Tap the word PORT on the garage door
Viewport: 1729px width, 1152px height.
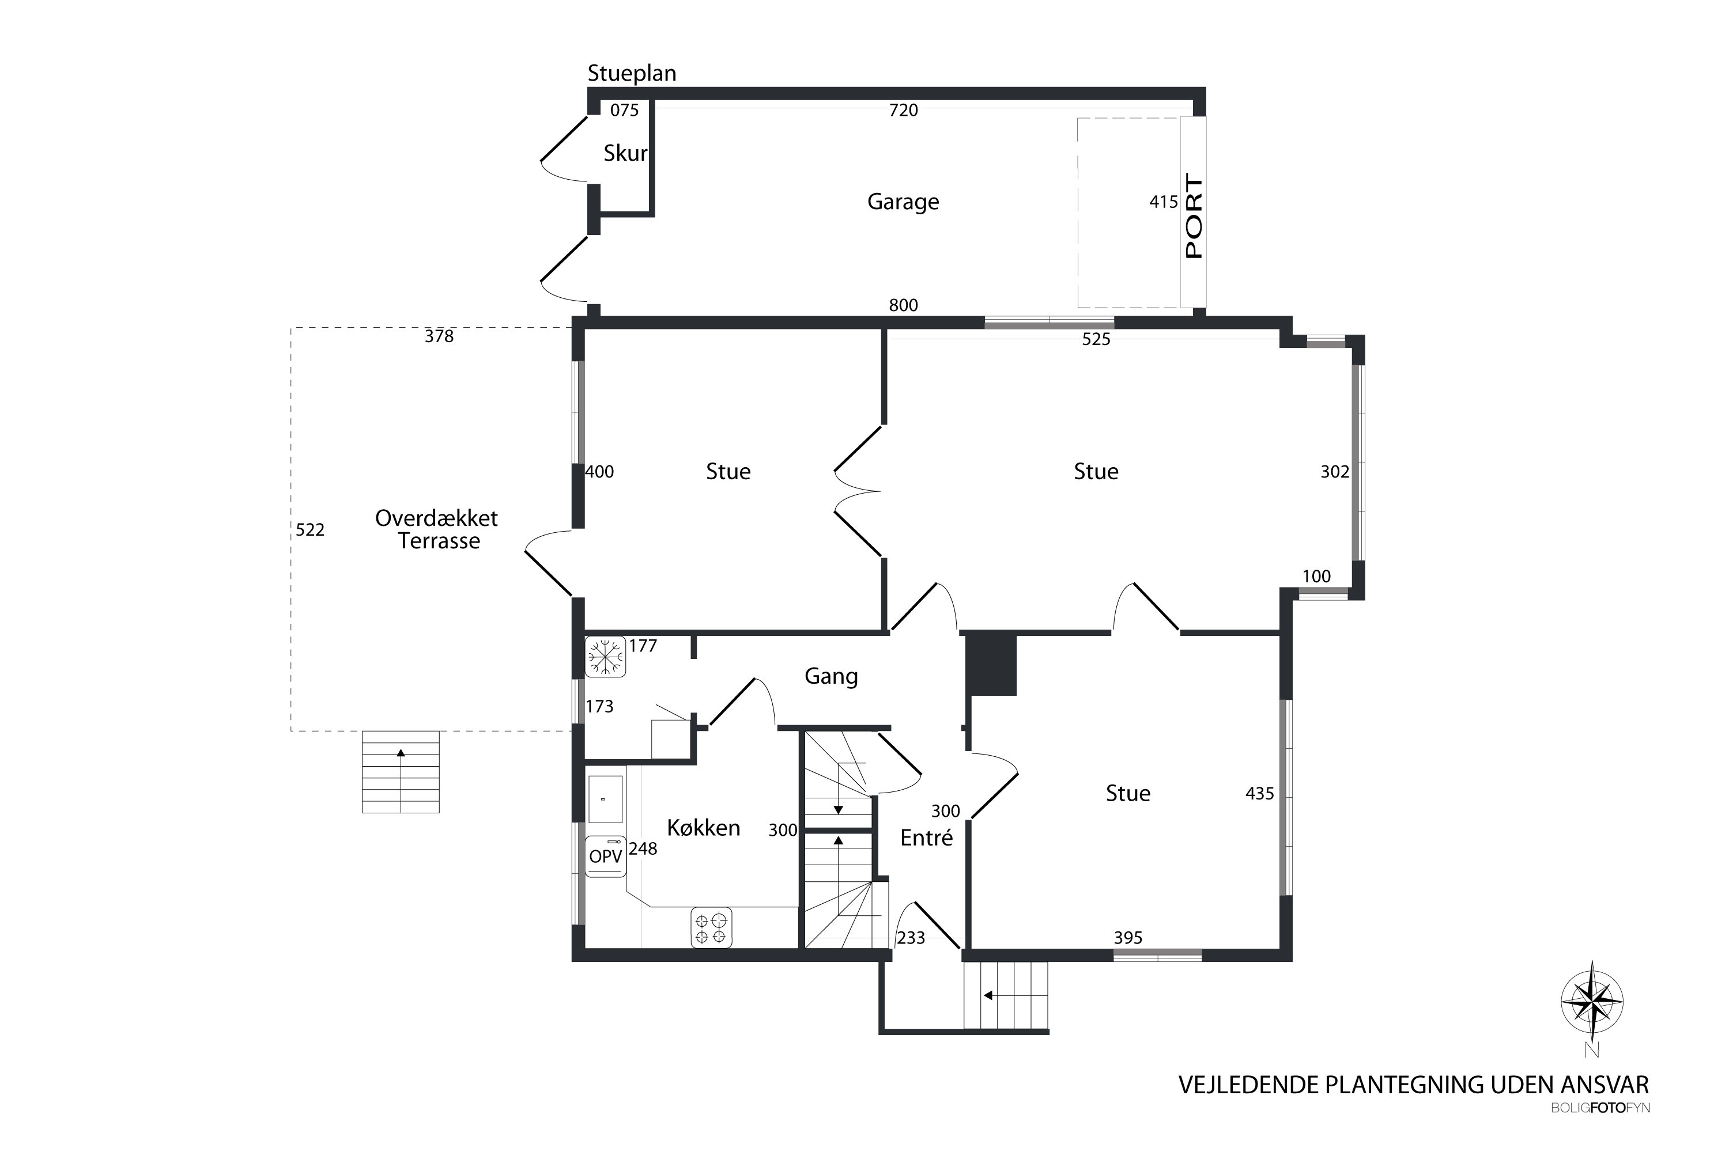coord(1194,216)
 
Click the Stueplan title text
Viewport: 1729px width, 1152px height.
coord(632,74)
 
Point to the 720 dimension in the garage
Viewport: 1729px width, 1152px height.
coord(904,110)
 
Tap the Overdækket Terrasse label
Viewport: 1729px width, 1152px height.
coord(437,530)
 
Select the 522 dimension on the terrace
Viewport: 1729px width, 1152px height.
coord(310,530)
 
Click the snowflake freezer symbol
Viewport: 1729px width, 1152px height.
coord(605,656)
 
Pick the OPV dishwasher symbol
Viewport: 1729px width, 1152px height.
coord(606,857)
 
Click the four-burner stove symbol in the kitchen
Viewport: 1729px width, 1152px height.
coord(711,928)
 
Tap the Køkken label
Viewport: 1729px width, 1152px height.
coord(704,828)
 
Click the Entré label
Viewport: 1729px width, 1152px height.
coord(926,838)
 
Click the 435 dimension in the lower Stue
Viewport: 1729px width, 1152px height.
coord(1260,794)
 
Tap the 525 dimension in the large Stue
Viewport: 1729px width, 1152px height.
coord(1096,339)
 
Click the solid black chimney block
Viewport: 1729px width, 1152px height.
coord(991,664)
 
